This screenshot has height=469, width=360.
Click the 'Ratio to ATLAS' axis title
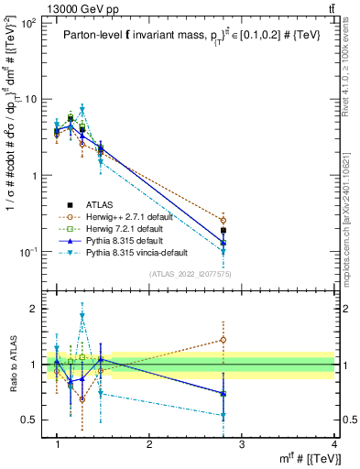pos(16,364)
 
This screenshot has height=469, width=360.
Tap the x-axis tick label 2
pos(149,444)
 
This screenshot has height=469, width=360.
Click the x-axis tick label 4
pos(334,444)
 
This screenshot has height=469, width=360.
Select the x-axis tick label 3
pos(242,444)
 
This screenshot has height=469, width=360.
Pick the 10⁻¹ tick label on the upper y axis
pos(28,251)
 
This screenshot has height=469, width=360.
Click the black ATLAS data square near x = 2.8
pos(224,231)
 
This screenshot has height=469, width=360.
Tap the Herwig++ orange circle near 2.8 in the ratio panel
pos(224,340)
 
